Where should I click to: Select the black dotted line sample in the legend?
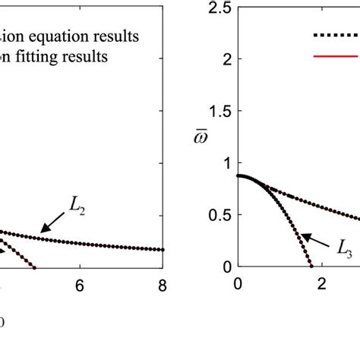point(335,34)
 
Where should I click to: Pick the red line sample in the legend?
point(335,55)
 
